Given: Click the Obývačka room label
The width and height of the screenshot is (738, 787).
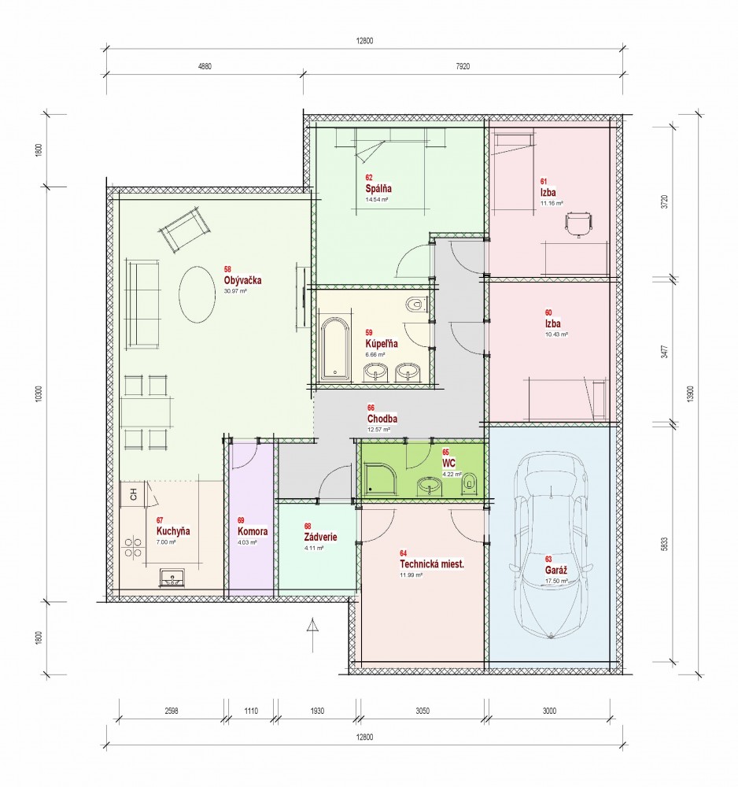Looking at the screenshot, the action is pyautogui.click(x=243, y=281).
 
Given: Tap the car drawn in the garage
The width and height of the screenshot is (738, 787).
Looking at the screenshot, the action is pyautogui.click(x=551, y=545).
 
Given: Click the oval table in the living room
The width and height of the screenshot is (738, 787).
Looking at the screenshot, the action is pyautogui.click(x=196, y=294).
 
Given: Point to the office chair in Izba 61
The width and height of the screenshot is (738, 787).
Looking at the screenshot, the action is pyautogui.click(x=578, y=224).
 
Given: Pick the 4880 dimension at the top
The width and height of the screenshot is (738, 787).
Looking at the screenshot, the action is pyautogui.click(x=205, y=66).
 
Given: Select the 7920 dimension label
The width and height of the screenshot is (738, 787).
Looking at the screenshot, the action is pyautogui.click(x=463, y=66).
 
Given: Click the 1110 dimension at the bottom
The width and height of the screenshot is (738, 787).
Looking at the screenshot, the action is pyautogui.click(x=251, y=711).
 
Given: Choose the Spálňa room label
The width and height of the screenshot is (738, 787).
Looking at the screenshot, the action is pyautogui.click(x=378, y=189).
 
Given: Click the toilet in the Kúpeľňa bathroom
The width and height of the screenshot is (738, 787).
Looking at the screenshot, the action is pyautogui.click(x=415, y=304).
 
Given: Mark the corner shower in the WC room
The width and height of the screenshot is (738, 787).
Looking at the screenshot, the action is pyautogui.click(x=382, y=478).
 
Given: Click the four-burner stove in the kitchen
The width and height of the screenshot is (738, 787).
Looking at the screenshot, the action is pyautogui.click(x=133, y=548).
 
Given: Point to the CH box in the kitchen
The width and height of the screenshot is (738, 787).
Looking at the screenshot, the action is pyautogui.click(x=134, y=494).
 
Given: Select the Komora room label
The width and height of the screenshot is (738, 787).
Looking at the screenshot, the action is pyautogui.click(x=253, y=531).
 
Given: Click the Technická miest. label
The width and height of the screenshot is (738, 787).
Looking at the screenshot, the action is pyautogui.click(x=431, y=563).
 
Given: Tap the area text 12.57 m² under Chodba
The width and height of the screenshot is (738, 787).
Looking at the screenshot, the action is pyautogui.click(x=378, y=430).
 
